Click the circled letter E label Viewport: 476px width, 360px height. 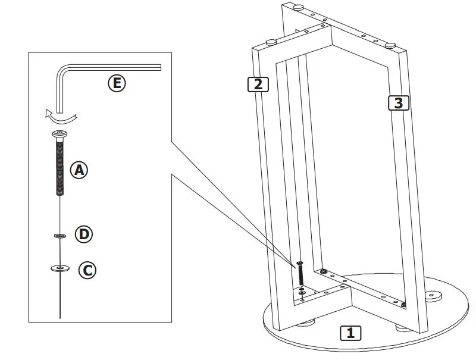pyautogui.click(x=117, y=83)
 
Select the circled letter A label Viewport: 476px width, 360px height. pyautogui.click(x=79, y=170)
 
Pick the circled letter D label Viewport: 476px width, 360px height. pyautogui.click(x=84, y=234)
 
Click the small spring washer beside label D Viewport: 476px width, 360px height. pyautogui.click(x=60, y=236)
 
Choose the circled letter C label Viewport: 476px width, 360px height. pyautogui.click(x=87, y=271)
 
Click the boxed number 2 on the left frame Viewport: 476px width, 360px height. pyautogui.click(x=258, y=84)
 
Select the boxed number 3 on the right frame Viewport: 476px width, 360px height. pyautogui.click(x=399, y=102)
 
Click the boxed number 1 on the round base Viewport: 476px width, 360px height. pyautogui.click(x=350, y=333)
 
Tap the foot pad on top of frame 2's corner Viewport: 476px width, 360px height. pyautogui.click(x=271, y=42)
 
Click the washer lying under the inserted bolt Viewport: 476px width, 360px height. pyautogui.click(x=303, y=292)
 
